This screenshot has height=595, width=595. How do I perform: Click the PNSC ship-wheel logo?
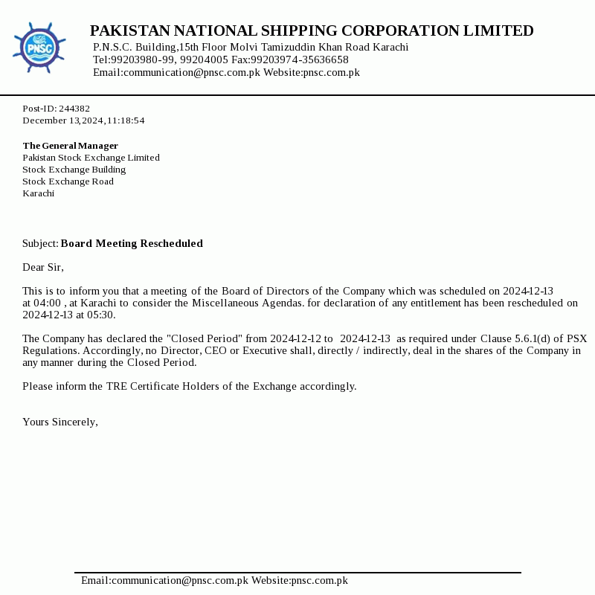39,48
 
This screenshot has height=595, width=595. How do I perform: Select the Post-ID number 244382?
74,109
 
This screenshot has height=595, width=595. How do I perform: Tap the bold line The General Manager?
71,146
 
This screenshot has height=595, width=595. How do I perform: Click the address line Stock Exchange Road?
68,181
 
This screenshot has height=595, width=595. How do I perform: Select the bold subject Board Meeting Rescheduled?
132,243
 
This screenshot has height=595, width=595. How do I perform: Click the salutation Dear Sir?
43,267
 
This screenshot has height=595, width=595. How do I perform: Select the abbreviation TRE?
117,386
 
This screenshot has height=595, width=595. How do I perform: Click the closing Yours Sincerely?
60,422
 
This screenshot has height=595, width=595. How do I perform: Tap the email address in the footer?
164,580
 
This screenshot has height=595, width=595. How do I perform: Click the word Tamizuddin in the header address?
286,47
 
